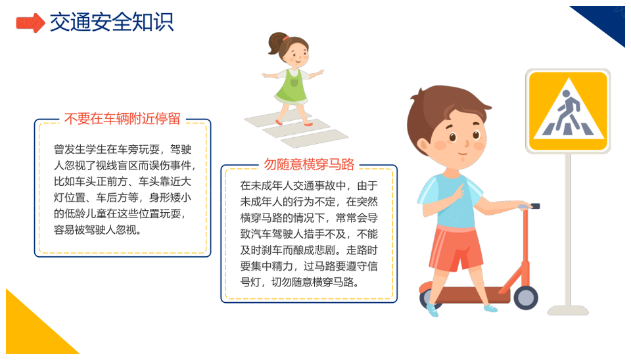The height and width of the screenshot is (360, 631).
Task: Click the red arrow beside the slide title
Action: point(30,22)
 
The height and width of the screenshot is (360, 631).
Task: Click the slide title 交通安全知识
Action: point(112,22)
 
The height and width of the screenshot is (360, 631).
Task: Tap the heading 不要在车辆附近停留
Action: point(122,119)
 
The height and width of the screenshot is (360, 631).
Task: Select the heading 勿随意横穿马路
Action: point(309,164)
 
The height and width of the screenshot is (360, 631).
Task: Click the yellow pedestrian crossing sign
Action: point(568,111)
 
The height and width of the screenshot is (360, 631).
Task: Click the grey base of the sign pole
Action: point(568,310)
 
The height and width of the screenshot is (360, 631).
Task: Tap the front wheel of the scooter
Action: point(526,298)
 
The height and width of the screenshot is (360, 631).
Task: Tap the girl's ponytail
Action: point(276,43)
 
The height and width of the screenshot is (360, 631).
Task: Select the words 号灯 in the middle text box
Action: point(250,282)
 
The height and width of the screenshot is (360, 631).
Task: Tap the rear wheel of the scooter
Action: point(428,298)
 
